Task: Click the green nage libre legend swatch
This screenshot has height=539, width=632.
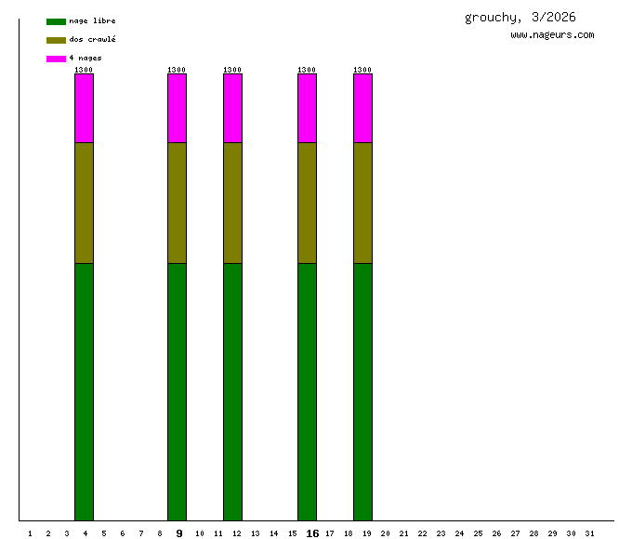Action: (56, 21)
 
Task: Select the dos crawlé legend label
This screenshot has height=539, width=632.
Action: (92, 40)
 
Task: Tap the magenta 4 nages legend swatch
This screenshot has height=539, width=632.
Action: (56, 59)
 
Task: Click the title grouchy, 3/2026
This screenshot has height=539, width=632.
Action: (520, 18)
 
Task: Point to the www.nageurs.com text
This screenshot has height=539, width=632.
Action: (552, 35)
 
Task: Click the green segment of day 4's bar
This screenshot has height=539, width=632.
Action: (84, 391)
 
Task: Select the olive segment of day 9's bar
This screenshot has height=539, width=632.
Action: (177, 203)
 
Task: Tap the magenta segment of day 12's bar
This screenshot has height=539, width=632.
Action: (232, 108)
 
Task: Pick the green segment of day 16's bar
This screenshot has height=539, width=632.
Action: (307, 391)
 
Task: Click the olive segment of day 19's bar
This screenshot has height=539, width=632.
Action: (362, 203)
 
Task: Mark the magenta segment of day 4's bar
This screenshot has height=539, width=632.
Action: (84, 108)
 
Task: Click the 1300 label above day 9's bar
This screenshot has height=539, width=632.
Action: (177, 70)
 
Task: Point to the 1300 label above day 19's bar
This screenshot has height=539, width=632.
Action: (362, 70)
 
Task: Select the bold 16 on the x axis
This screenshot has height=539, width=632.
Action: (312, 533)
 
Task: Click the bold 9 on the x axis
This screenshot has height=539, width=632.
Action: (178, 533)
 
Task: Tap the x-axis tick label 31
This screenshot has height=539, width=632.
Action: (589, 533)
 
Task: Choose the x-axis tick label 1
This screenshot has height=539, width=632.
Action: (30, 533)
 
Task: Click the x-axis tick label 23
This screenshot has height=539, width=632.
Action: (441, 533)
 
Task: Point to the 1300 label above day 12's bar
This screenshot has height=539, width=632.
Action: (232, 70)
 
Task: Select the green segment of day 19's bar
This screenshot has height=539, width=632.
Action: (362, 391)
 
